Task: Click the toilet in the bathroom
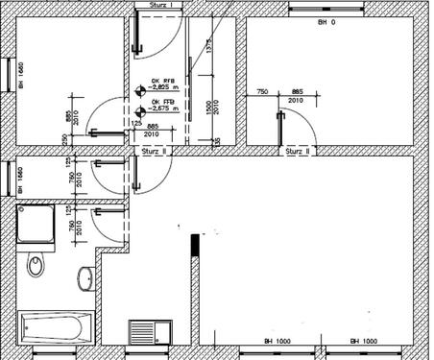point(36,263)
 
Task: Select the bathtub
point(56,327)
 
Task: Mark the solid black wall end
point(196,245)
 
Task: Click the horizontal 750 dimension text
point(261,92)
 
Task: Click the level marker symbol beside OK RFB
point(140,90)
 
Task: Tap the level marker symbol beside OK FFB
point(140,111)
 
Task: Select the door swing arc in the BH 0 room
point(301,120)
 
